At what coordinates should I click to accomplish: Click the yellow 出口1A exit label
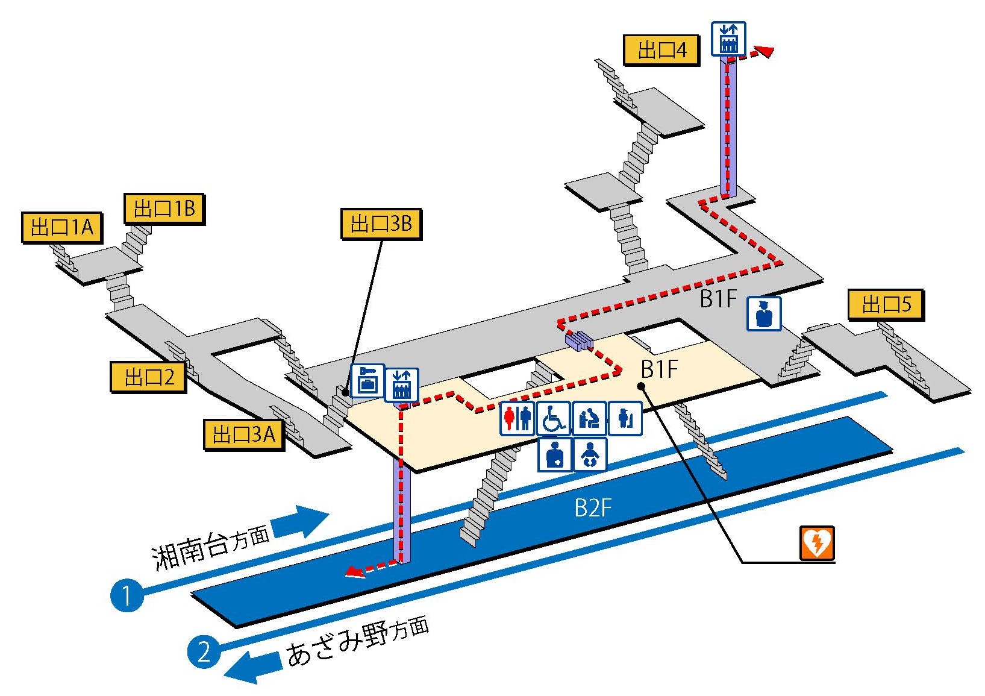click(x=61, y=228)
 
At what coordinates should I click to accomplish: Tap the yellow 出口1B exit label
click(x=164, y=209)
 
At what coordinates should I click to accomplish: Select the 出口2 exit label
click(x=148, y=378)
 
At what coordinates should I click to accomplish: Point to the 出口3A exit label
click(x=243, y=434)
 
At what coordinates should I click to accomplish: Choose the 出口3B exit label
click(x=381, y=224)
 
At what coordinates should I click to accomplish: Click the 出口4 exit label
click(x=661, y=49)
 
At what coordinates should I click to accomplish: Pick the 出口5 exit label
click(x=886, y=304)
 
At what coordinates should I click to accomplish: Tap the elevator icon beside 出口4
click(x=729, y=39)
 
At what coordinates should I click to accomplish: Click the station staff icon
click(x=764, y=313)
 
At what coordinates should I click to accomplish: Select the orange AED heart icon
click(x=817, y=542)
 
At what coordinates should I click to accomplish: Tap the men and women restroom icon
click(x=518, y=418)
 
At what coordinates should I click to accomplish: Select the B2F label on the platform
click(x=593, y=508)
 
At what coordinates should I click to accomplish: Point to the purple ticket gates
click(x=579, y=342)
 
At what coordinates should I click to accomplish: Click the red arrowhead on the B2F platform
click(x=355, y=573)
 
